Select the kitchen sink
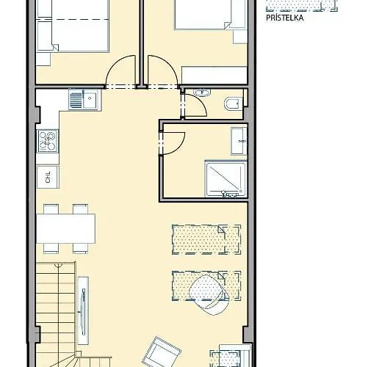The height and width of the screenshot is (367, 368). click(x=84, y=100)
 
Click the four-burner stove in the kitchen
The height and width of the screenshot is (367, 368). click(x=48, y=139)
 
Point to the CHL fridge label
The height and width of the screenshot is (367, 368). click(x=48, y=177)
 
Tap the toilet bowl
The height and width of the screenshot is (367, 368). click(x=233, y=103)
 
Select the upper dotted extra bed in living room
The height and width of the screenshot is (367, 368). click(x=206, y=239)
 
